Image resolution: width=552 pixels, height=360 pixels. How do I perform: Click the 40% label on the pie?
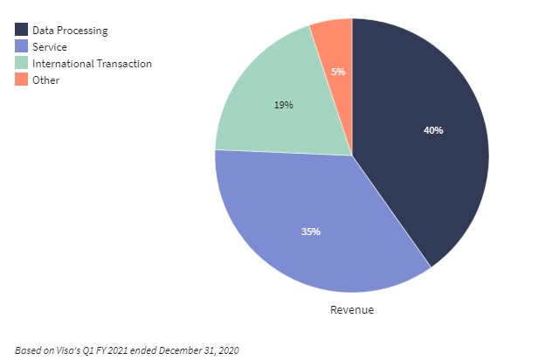click(433, 130)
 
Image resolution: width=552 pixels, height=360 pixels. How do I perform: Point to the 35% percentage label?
click(311, 232)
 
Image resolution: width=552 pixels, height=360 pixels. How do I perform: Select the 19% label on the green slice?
click(283, 105)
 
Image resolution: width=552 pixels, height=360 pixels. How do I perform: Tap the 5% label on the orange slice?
click(338, 72)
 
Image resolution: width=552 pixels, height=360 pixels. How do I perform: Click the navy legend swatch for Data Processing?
click(21, 30)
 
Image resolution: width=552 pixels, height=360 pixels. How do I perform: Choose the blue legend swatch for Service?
click(21, 46)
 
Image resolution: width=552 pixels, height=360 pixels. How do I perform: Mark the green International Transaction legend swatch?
click(21, 63)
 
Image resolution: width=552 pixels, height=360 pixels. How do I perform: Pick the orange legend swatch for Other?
click(21, 80)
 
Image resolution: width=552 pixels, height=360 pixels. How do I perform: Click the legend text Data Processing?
click(70, 30)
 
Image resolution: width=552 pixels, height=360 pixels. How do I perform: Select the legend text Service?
click(50, 46)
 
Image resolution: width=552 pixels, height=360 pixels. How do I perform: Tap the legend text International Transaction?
click(92, 63)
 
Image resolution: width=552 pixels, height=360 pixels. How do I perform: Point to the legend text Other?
click(45, 80)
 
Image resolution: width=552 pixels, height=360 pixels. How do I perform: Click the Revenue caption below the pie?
click(351, 309)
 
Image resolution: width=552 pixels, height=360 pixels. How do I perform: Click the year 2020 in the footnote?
click(226, 350)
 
